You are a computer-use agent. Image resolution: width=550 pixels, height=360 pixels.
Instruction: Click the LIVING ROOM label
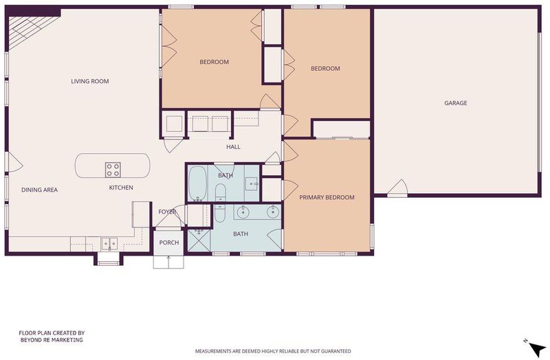[90, 81]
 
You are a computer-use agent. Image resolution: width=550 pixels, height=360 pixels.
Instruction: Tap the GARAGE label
[456, 103]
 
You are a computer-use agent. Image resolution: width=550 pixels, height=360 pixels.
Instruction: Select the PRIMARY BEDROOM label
[327, 197]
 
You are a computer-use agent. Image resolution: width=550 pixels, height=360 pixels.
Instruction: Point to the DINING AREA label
[39, 190]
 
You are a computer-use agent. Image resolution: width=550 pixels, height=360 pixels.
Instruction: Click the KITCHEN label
[121, 188]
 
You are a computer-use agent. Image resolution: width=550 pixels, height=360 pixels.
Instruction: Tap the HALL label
[233, 147]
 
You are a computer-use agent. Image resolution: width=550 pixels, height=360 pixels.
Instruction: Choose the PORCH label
[169, 243]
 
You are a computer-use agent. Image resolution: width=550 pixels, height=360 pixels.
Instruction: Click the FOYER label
[167, 212]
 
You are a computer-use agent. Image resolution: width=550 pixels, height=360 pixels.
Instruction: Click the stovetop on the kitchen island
[113, 170]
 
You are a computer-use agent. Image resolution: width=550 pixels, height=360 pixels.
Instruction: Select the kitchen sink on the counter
[109, 243]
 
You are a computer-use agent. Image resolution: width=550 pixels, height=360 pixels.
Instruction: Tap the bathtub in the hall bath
[197, 183]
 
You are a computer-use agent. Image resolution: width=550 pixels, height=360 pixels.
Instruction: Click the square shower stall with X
[199, 240]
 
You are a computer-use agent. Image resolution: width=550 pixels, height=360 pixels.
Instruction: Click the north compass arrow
[537, 349]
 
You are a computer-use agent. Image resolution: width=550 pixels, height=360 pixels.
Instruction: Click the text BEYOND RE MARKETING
[52, 340]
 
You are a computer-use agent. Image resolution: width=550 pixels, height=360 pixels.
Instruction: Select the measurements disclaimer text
[273, 351]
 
